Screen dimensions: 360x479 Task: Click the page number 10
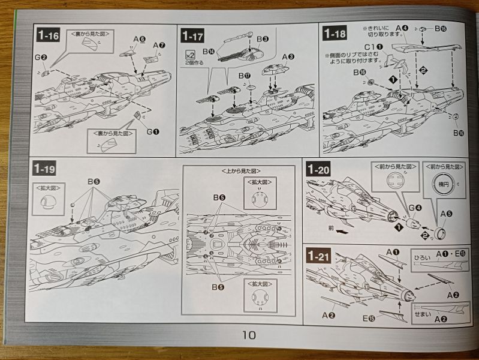249,334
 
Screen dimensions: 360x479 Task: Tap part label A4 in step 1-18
402,28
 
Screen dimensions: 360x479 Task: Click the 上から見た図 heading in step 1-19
238,170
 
